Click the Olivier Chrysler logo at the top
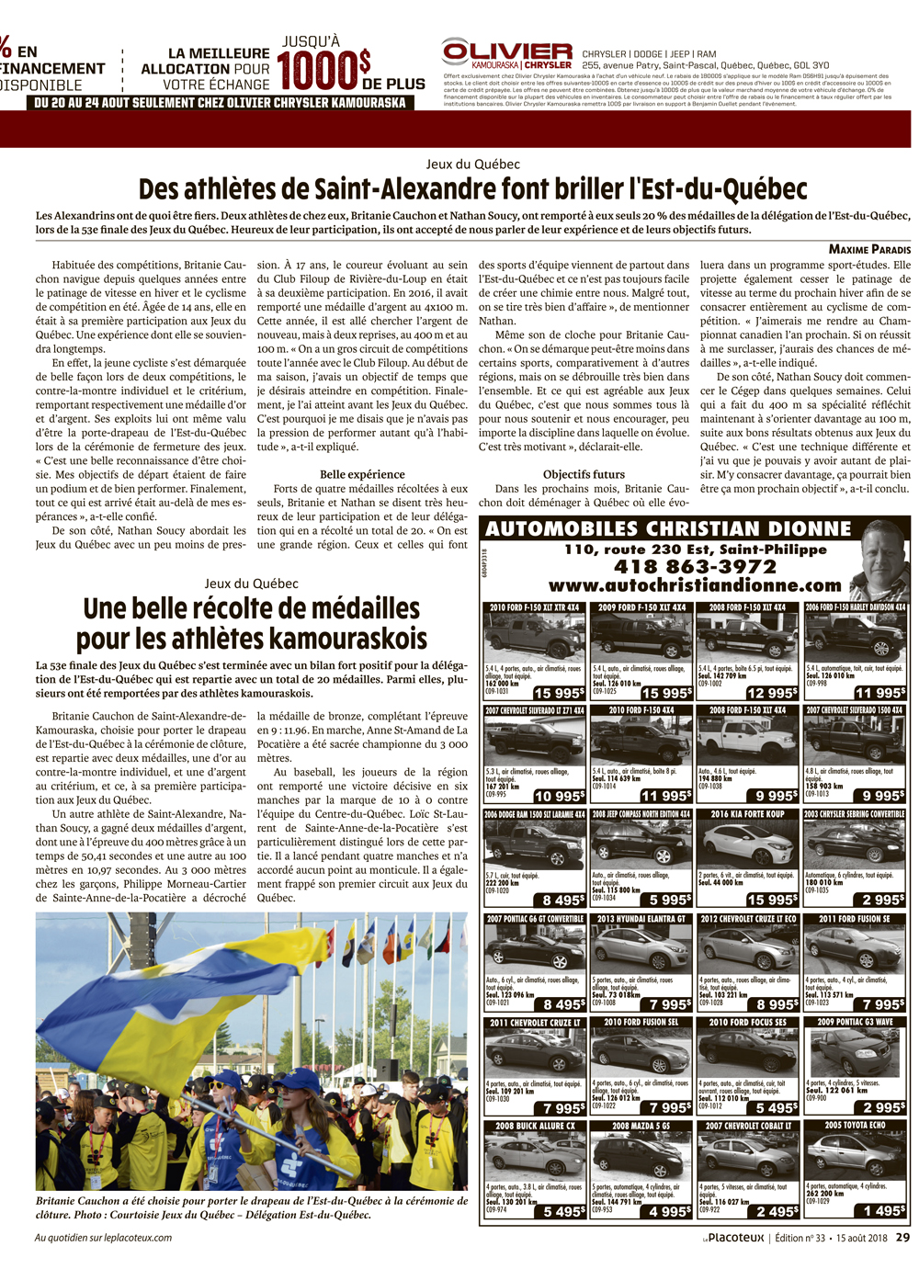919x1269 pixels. (506, 54)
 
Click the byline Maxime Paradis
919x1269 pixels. (869, 249)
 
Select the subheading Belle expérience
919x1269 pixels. (362, 474)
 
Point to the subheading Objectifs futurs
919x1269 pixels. (584, 474)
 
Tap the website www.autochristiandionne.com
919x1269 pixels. (695, 585)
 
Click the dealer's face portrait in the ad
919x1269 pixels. (879, 561)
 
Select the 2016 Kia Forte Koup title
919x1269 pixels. (747, 814)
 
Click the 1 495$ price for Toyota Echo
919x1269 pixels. (883, 1211)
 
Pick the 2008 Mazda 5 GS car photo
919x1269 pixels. (641, 1157)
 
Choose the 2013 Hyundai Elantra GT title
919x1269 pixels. (641, 918)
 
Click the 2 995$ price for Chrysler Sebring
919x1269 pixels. (883, 900)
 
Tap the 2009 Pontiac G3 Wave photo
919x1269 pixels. (855, 1052)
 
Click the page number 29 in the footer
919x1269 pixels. (902, 1238)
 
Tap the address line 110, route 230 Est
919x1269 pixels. (695, 550)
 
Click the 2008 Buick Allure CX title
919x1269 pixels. (535, 1126)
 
